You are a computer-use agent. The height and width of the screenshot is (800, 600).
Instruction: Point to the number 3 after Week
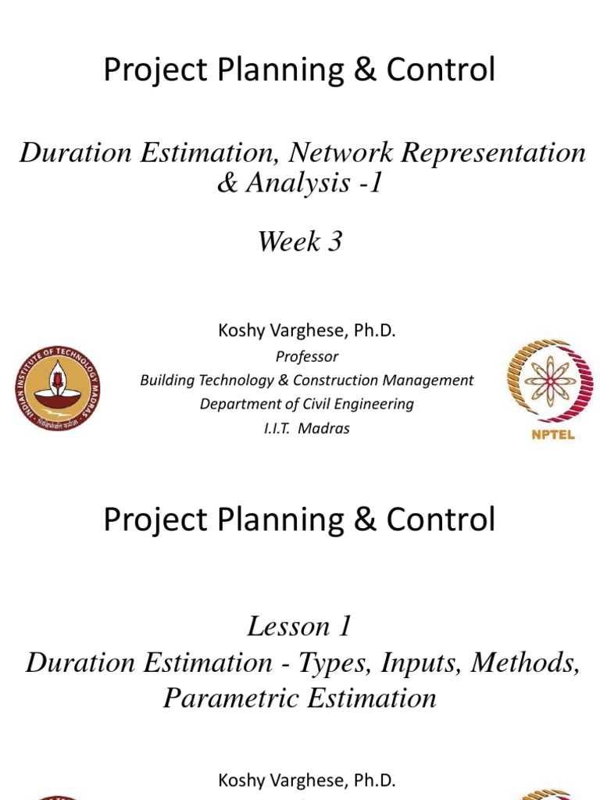334,241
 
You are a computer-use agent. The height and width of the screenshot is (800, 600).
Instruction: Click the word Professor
307,356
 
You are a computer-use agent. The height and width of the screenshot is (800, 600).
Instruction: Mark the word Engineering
372,405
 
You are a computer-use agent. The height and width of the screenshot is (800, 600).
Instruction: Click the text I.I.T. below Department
279,428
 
